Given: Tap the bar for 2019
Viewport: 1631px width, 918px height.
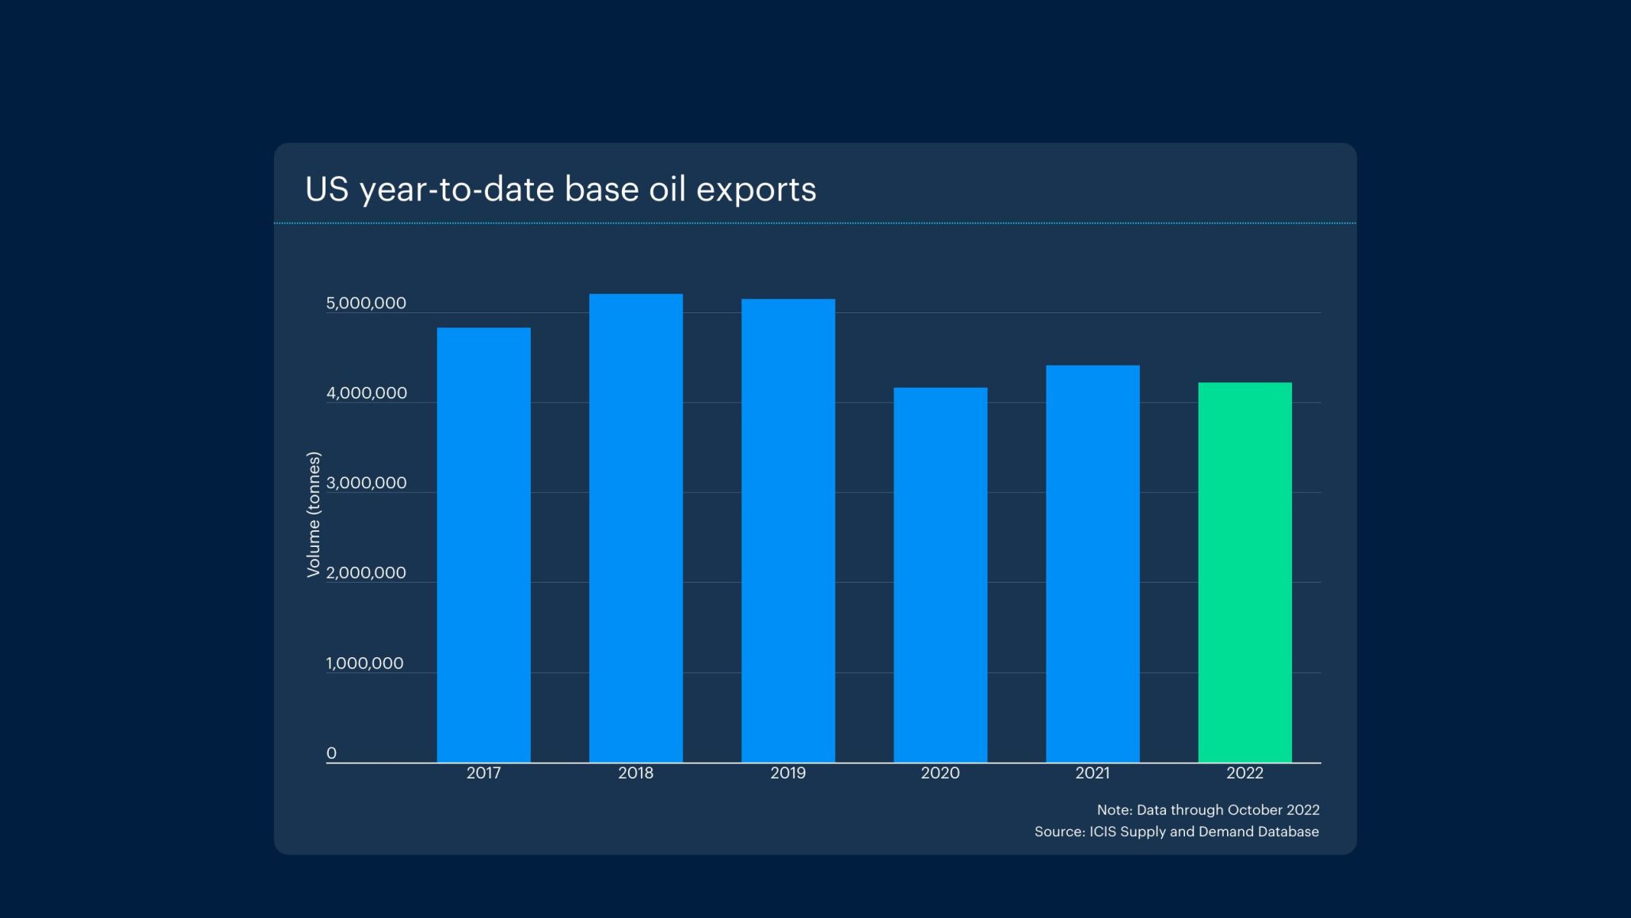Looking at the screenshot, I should coord(787,531).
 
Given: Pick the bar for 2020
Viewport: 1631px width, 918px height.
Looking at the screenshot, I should coord(940,575).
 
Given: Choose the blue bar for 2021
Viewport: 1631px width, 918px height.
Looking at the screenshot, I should coord(1092,564).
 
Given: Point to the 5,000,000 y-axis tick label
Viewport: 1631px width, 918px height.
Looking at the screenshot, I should coord(366,303).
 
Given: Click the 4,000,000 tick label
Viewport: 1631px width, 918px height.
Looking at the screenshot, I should coord(366,393).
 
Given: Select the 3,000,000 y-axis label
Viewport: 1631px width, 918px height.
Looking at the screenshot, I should coord(366,483).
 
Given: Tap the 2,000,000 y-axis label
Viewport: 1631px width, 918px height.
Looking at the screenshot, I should coord(366,572).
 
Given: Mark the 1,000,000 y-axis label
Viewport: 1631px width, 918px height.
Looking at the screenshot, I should coord(364,663).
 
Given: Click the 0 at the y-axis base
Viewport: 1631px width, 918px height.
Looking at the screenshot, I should coord(331,753).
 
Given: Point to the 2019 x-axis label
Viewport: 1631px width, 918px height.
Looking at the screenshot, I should coord(787,773).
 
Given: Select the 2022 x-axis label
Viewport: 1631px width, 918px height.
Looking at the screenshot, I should coord(1244,773).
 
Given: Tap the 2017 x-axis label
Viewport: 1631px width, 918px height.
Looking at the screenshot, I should coord(483,773).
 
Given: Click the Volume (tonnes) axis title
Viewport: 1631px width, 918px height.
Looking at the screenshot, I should coord(314,514).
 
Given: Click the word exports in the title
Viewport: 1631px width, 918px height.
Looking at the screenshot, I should coord(756,190).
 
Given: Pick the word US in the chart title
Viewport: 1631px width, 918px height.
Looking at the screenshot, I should coord(326,189).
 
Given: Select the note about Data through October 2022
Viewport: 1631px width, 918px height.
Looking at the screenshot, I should coord(1207,810).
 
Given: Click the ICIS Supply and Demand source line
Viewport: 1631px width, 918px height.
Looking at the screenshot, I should coord(1176,832).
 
